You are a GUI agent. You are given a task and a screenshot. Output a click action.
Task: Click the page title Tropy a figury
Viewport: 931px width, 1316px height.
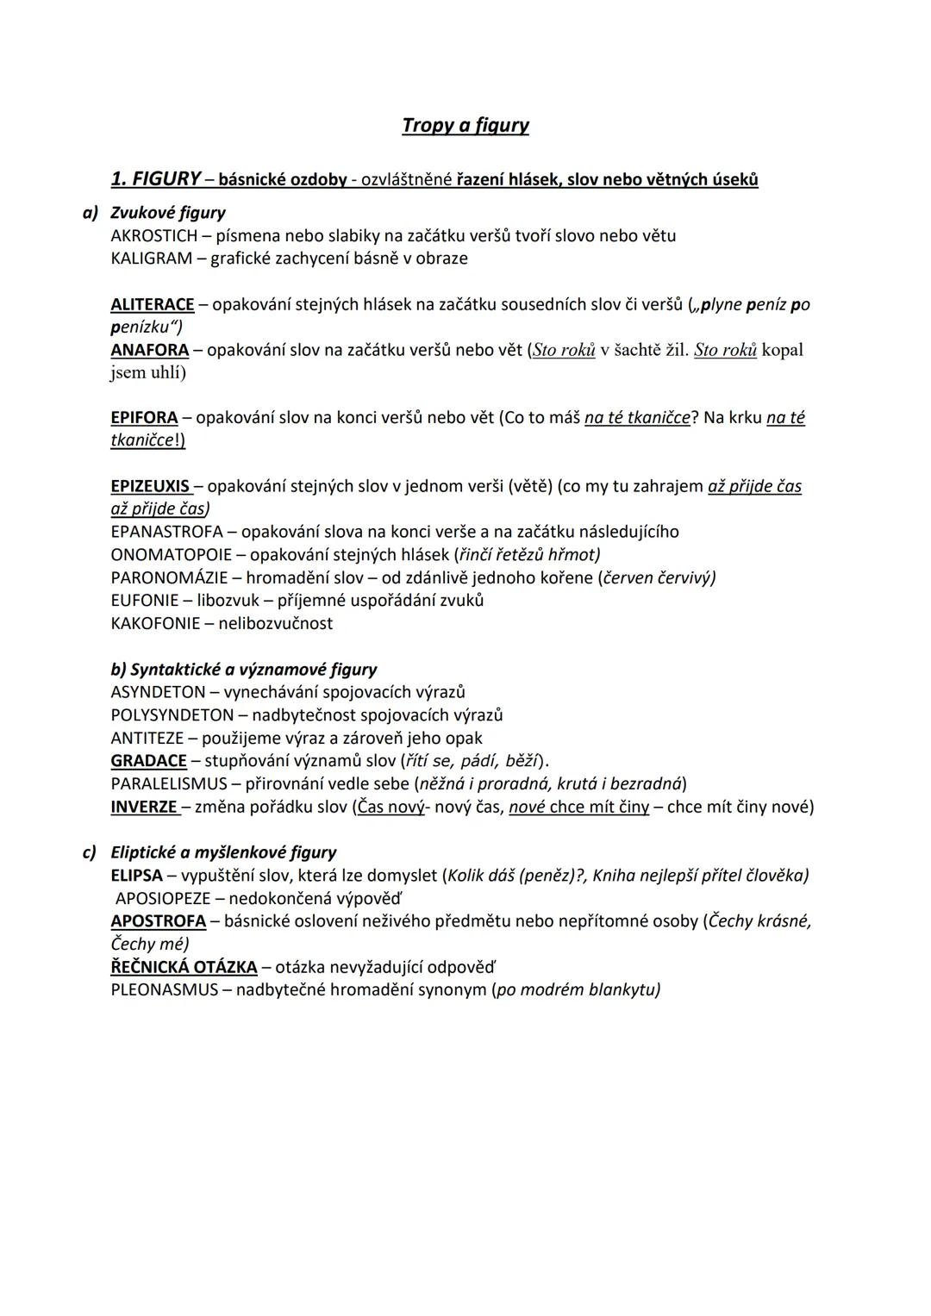point(465,126)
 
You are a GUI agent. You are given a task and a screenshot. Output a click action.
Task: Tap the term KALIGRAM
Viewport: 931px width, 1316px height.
point(152,259)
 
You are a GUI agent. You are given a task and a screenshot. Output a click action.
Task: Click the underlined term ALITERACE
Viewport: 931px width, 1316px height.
point(153,304)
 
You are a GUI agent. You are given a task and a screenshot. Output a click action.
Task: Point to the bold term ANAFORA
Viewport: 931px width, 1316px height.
point(150,350)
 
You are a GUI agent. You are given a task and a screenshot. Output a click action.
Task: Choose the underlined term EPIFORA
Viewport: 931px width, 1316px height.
point(144,418)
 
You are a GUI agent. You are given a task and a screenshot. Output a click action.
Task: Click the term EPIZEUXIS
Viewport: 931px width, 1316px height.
point(150,486)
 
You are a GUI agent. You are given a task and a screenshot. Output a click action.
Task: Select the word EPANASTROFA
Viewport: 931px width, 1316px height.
point(166,532)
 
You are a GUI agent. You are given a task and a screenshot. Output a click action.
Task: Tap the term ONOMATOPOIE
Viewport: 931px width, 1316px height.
point(172,555)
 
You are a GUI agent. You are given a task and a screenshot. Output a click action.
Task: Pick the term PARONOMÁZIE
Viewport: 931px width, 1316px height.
point(169,577)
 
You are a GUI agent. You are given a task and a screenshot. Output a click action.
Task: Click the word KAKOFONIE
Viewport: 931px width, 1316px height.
point(155,623)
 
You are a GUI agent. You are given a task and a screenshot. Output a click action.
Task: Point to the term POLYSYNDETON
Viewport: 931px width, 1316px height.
point(172,715)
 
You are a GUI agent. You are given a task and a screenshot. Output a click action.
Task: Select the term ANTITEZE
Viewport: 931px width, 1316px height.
point(147,739)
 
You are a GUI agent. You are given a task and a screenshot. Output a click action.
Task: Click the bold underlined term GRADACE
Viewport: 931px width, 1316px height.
point(148,761)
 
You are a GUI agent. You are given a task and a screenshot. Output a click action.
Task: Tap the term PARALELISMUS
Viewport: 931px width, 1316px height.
point(169,784)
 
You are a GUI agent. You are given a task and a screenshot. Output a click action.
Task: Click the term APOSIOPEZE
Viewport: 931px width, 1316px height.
point(163,899)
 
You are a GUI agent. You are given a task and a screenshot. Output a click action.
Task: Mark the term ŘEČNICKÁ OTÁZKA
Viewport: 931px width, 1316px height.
point(184,967)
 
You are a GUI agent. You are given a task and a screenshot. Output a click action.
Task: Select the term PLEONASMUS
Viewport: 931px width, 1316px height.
point(165,990)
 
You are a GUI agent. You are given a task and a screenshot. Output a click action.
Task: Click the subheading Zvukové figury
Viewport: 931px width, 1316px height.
point(168,213)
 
